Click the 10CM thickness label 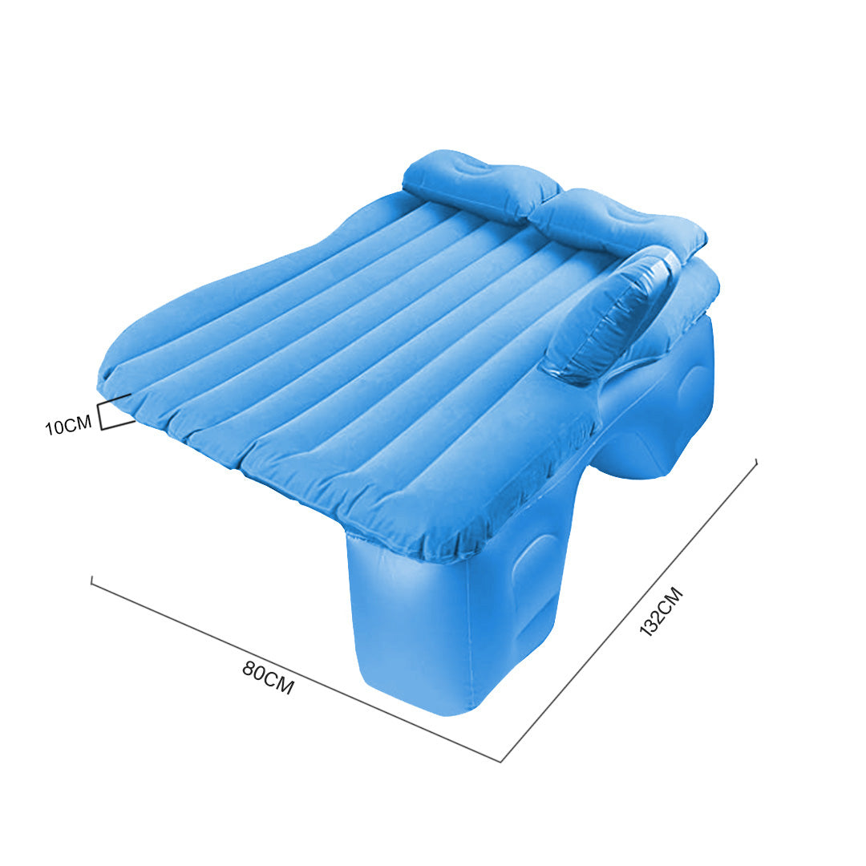pyautogui.click(x=68, y=426)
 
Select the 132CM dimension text pyautogui.click(x=661, y=612)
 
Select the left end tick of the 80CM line pyautogui.click(x=92, y=581)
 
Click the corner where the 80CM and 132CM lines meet pyautogui.click(x=501, y=760)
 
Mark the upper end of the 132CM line pyautogui.click(x=755, y=461)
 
